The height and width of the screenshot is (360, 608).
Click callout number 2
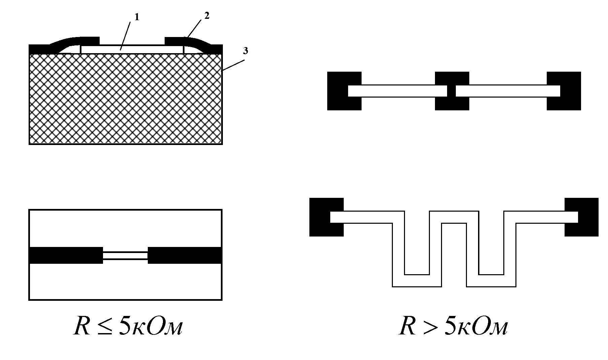coord(207,16)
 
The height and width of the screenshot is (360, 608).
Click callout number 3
coord(245,51)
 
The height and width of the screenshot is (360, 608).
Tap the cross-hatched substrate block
coord(125,99)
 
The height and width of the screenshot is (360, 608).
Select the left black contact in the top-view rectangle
coord(66,255)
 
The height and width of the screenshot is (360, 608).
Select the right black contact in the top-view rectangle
coord(184,255)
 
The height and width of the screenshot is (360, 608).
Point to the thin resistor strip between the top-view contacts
coord(125,256)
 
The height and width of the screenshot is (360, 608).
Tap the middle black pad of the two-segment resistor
coord(452,78)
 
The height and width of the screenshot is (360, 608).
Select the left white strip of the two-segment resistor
coord(397,91)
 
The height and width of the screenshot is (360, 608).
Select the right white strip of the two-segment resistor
coord(508,91)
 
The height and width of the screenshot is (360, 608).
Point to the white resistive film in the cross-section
coord(132,49)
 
